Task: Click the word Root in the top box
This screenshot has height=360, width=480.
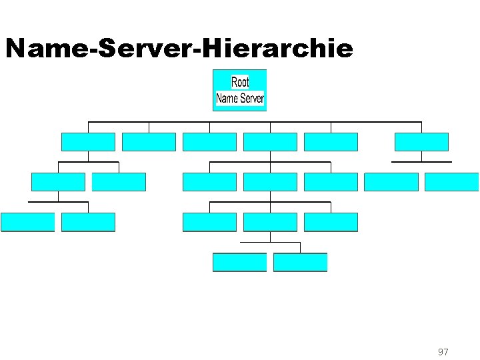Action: click(240, 82)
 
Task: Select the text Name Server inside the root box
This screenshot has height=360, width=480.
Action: click(240, 99)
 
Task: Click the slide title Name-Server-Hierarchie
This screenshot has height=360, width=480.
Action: click(179, 48)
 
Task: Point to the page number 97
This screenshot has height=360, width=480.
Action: click(443, 351)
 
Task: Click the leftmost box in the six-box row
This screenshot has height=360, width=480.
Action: click(88, 142)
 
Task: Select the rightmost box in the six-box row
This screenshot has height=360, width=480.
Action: click(421, 142)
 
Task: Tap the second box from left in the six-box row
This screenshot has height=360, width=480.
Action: click(149, 142)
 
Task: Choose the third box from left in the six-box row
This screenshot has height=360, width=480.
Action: click(209, 142)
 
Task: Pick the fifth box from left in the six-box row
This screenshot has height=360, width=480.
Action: click(331, 142)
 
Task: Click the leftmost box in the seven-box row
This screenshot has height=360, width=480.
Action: click(58, 182)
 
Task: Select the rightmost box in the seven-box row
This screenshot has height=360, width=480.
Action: click(451, 182)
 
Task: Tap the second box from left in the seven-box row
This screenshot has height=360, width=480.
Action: click(119, 182)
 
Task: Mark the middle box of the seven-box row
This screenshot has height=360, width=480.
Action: click(270, 182)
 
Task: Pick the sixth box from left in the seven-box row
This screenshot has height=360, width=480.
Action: click(391, 182)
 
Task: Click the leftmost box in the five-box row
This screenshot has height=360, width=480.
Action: click(27, 222)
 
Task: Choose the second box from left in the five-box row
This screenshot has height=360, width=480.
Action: click(88, 222)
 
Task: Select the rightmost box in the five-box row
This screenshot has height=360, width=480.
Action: click(331, 222)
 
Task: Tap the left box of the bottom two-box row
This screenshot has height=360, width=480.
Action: click(239, 262)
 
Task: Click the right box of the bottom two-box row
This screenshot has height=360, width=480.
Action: click(300, 262)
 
